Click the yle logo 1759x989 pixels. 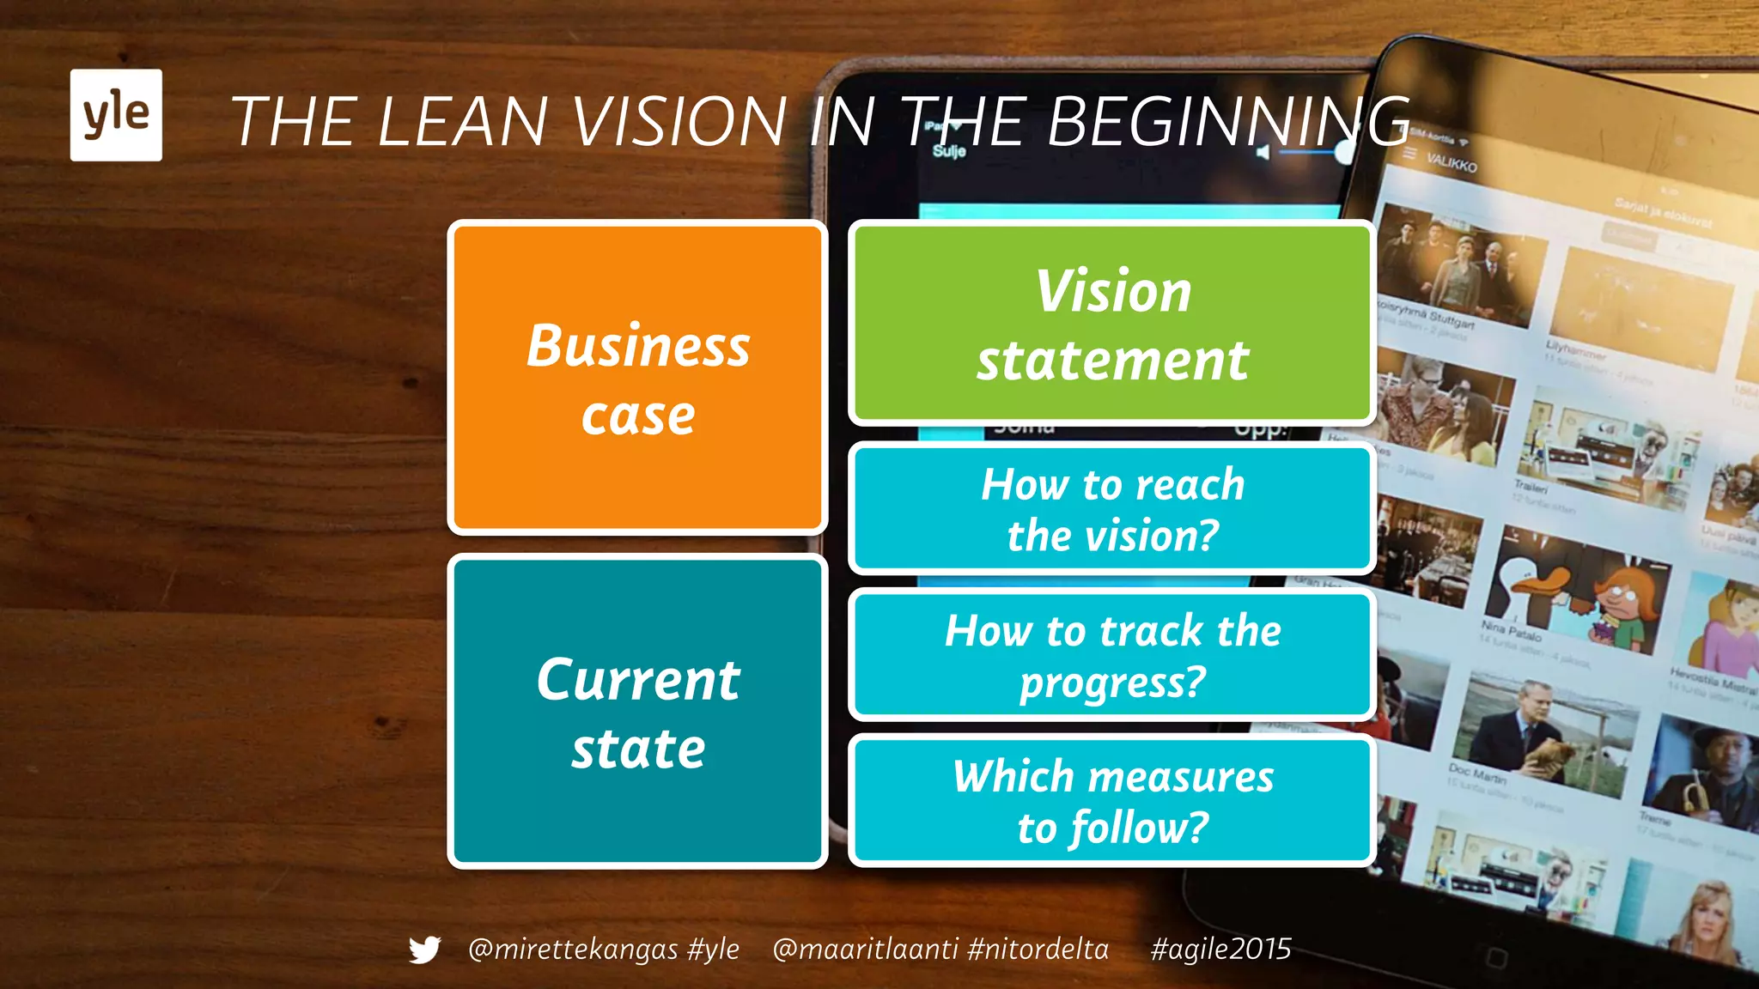point(116,115)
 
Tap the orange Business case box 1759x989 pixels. point(637,378)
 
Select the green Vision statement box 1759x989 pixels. point(1112,324)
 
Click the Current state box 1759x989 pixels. point(637,712)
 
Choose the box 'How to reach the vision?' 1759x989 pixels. point(1112,509)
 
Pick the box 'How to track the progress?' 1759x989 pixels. point(1112,655)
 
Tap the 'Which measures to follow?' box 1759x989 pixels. point(1112,800)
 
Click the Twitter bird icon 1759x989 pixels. point(424,950)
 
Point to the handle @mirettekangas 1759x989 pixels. point(573,949)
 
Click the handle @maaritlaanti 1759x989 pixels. point(865,949)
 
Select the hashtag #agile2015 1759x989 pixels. point(1220,949)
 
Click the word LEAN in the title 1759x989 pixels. point(462,121)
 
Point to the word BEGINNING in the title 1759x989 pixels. point(1228,121)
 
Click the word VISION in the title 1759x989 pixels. point(679,121)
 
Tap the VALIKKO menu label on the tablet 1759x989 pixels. point(1452,162)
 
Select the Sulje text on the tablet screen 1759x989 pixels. point(949,151)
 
